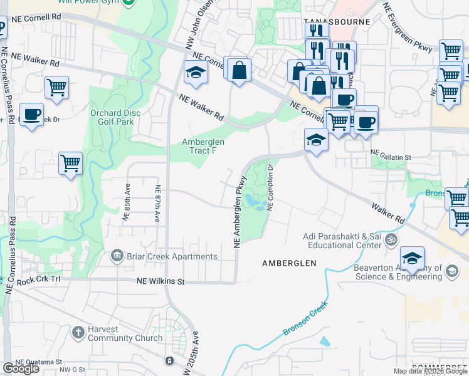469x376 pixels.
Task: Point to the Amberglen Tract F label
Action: [203, 146]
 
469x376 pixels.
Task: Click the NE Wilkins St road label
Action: [161, 282]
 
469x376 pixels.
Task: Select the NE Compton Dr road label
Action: [271, 186]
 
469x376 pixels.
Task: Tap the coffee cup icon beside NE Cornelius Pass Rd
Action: [31, 114]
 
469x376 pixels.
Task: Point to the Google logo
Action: [21, 369]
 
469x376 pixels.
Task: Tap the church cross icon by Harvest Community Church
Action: [78, 332]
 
